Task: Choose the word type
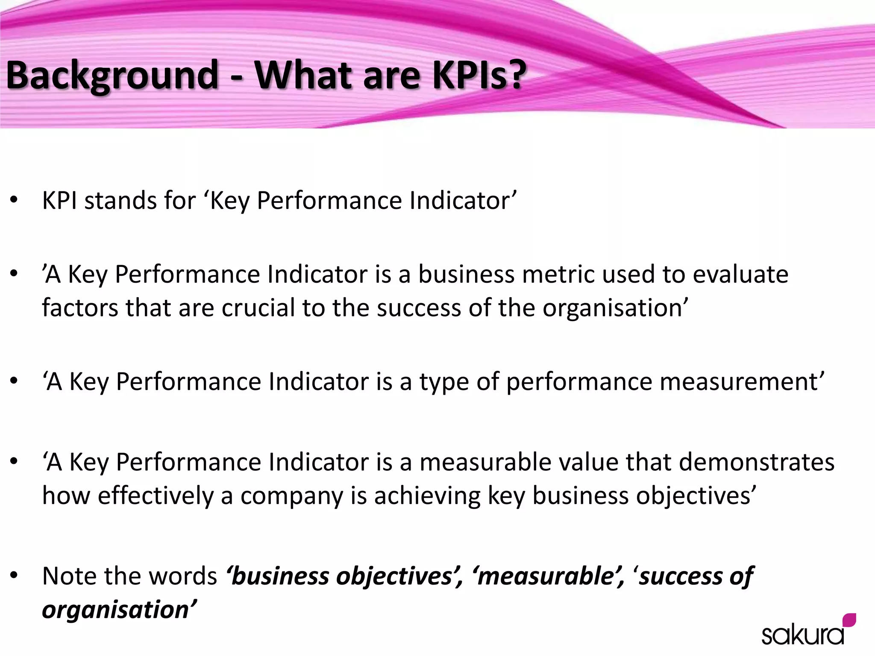tap(444, 382)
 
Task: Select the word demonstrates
tap(756, 462)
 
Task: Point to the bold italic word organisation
tap(115, 609)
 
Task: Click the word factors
tap(80, 308)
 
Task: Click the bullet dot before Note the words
tap(14, 576)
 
